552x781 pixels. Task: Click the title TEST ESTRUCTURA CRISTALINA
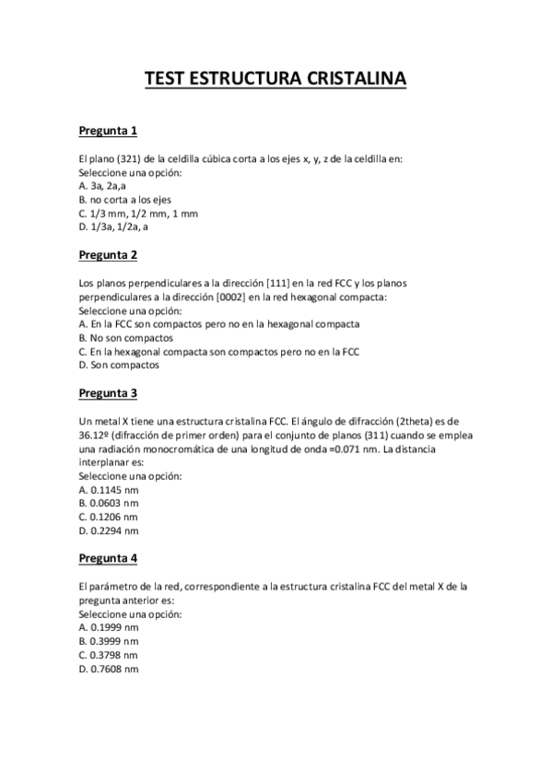[276, 80]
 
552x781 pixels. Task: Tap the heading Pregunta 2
[108, 254]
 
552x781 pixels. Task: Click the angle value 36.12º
[94, 435]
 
